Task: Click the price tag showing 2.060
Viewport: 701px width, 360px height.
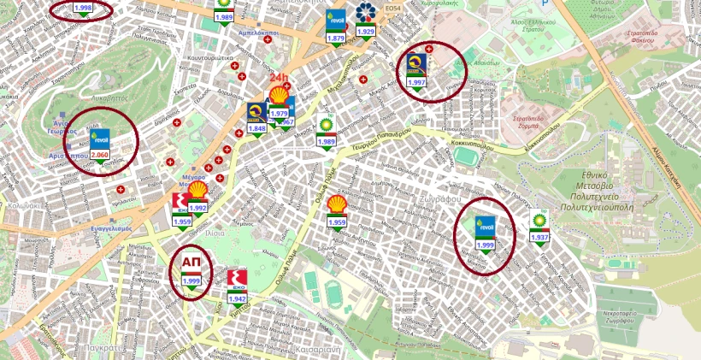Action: [100, 155]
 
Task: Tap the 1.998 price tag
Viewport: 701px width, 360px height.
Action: [83, 8]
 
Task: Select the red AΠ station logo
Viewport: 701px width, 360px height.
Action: [191, 262]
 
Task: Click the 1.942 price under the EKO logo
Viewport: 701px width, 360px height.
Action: [238, 298]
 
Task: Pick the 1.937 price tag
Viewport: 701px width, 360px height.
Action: [539, 237]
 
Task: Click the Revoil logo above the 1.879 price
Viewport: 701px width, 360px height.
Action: [336, 21]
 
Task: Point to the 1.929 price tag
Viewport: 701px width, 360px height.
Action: [366, 31]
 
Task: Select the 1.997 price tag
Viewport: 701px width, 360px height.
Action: [416, 82]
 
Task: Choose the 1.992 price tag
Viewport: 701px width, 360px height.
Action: [197, 207]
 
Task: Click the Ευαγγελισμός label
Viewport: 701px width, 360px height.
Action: [111, 229]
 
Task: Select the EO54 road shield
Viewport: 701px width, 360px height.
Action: [392, 9]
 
